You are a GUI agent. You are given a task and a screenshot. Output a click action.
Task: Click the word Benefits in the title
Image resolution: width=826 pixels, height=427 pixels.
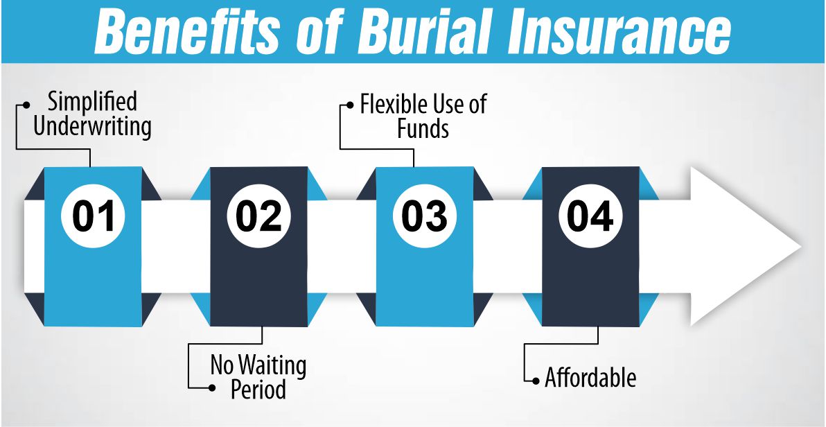click(x=183, y=31)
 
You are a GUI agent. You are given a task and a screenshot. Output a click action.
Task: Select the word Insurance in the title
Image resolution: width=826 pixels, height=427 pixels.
click(x=610, y=31)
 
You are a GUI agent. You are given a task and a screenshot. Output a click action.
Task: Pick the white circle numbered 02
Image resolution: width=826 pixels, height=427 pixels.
click(x=258, y=216)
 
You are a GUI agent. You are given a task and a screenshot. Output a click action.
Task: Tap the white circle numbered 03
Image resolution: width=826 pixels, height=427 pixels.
click(x=424, y=216)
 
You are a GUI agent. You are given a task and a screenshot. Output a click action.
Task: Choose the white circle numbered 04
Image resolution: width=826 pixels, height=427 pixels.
click(x=590, y=216)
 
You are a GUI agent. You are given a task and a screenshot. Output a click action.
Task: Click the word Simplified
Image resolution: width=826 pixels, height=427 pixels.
click(x=92, y=103)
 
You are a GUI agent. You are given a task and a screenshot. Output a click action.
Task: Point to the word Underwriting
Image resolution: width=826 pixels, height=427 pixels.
click(x=92, y=128)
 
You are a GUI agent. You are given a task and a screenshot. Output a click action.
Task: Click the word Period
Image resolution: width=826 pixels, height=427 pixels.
click(x=258, y=390)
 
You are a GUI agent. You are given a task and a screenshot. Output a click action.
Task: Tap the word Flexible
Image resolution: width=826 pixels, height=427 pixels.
click(x=392, y=104)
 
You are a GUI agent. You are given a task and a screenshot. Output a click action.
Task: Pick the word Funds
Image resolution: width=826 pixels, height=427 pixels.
click(x=423, y=128)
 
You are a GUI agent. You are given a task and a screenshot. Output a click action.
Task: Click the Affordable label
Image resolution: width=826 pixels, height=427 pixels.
click(x=590, y=378)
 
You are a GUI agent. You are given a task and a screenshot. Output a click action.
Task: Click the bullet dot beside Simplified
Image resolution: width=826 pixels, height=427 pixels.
click(x=26, y=105)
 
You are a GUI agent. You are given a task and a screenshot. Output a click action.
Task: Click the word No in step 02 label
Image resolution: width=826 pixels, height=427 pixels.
click(x=222, y=365)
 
